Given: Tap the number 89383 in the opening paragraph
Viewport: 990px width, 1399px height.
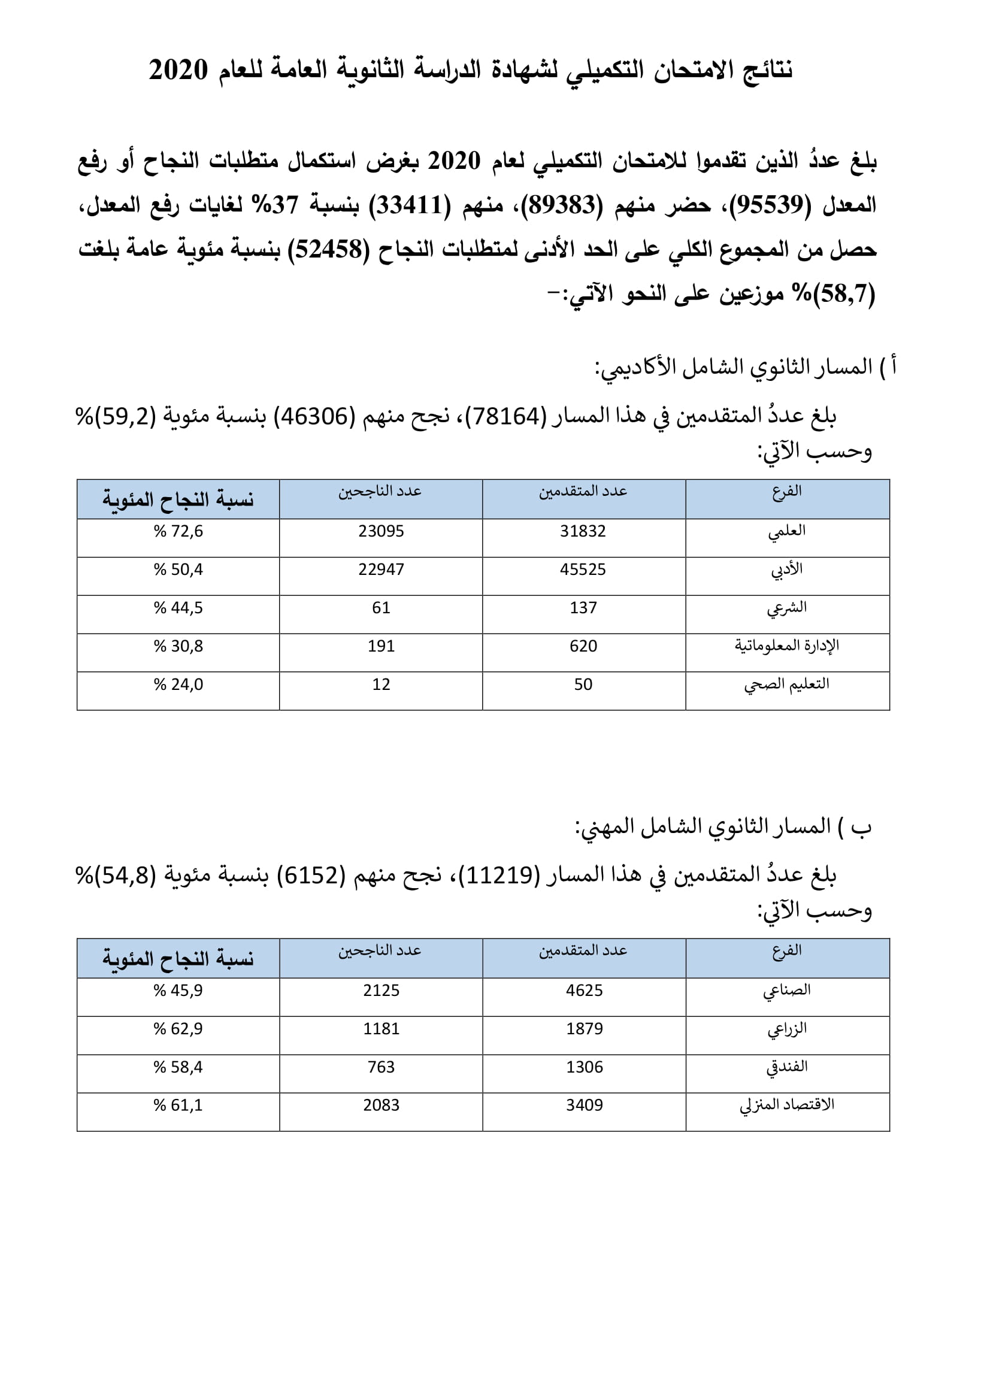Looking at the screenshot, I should (561, 205).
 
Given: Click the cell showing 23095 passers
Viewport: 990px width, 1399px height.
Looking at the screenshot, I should (381, 532).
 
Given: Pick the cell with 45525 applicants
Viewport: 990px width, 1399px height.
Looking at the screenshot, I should (583, 570).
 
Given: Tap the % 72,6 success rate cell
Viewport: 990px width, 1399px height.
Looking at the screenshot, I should (178, 532).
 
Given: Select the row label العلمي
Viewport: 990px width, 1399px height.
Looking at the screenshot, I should (786, 532).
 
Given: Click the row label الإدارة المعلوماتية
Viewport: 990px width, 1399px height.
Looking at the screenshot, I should (786, 646).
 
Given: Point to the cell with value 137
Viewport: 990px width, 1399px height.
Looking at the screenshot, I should (583, 608).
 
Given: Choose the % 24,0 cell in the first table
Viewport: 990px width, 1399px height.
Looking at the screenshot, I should (178, 685).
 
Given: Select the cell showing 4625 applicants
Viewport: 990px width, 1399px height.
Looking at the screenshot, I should (584, 991).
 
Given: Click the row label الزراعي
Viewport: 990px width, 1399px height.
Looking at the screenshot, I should (786, 1029).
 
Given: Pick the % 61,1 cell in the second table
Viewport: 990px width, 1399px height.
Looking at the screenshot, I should (178, 1105).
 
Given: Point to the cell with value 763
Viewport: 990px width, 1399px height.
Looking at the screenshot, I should (381, 1067).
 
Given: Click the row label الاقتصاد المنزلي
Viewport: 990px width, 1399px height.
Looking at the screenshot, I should (786, 1105).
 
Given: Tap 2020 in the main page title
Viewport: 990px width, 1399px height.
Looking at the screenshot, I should (178, 70).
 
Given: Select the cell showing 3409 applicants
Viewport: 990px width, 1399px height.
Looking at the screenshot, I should (584, 1105).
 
